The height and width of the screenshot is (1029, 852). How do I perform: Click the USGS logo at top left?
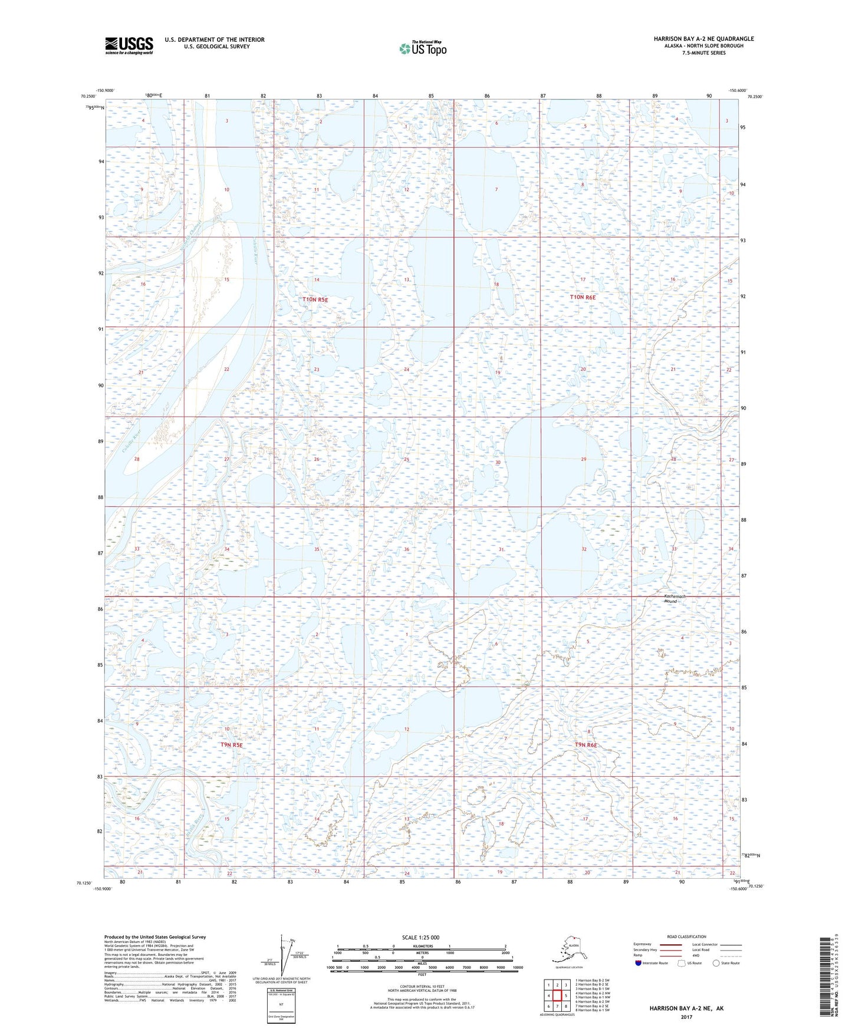click(129, 45)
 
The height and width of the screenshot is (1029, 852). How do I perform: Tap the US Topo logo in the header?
click(422, 48)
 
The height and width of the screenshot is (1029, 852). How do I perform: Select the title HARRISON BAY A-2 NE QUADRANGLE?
click(703, 39)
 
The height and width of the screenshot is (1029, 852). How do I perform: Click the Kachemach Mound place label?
click(670, 599)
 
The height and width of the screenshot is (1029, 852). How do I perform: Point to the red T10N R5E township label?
click(315, 300)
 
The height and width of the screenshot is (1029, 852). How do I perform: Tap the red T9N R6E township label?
click(585, 746)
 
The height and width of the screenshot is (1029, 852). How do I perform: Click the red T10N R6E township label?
click(583, 298)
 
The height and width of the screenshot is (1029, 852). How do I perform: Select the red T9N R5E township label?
click(232, 745)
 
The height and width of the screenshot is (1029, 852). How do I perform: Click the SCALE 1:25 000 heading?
click(420, 937)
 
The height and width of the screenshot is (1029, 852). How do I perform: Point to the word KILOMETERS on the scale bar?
click(420, 946)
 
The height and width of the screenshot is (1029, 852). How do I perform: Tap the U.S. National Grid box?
click(281, 1004)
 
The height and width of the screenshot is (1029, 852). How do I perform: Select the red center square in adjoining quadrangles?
click(557, 995)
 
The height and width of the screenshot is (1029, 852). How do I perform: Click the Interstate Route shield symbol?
click(639, 963)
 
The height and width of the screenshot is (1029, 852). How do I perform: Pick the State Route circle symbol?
click(716, 963)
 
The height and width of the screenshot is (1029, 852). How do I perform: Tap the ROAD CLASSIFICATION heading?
click(686, 936)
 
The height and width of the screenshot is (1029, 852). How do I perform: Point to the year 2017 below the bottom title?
click(686, 1017)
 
